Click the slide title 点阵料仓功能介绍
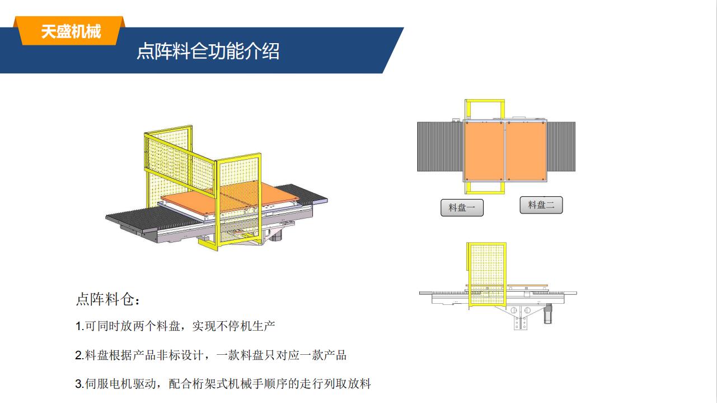pyautogui.click(x=208, y=51)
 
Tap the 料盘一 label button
pyautogui.click(x=462, y=207)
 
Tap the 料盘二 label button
pyautogui.click(x=541, y=205)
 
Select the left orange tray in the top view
pyautogui.click(x=484, y=151)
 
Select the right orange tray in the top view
pyautogui.click(x=526, y=151)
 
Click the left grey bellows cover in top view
pyautogui.click(x=440, y=146)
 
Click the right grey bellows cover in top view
pyautogui.click(x=561, y=146)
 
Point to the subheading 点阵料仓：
pyautogui.click(x=108, y=299)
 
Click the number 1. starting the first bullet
pyautogui.click(x=79, y=326)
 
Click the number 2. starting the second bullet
pyautogui.click(x=79, y=355)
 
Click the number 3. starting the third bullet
pyautogui.click(x=79, y=384)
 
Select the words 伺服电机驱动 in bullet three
pyautogui.click(x=121, y=384)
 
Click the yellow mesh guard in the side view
pyautogui.click(x=486, y=274)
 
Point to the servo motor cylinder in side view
pyautogui.click(x=548, y=314)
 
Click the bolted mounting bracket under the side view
pyautogui.click(x=521, y=318)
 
